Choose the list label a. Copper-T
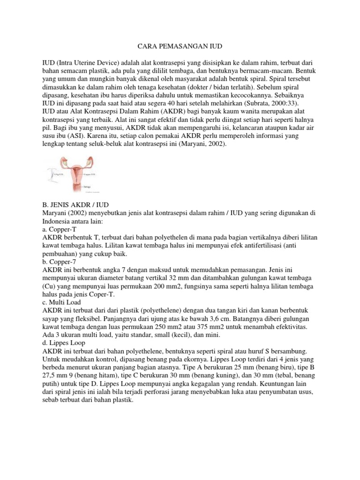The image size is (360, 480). [x=59, y=230]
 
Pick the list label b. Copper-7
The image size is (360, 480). [x=59, y=262]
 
